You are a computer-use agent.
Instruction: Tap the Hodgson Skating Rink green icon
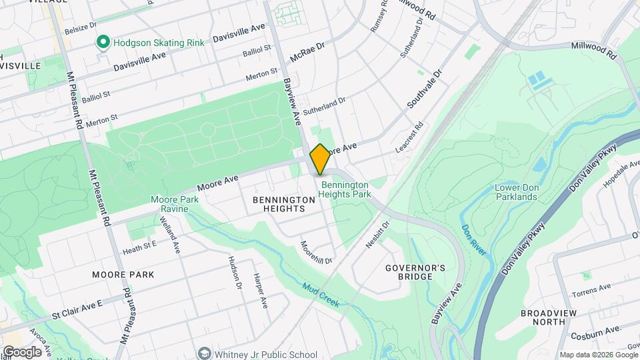coord(103,43)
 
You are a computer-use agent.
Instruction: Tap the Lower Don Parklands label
coord(515,192)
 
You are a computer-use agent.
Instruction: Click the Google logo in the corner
coord(21,352)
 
